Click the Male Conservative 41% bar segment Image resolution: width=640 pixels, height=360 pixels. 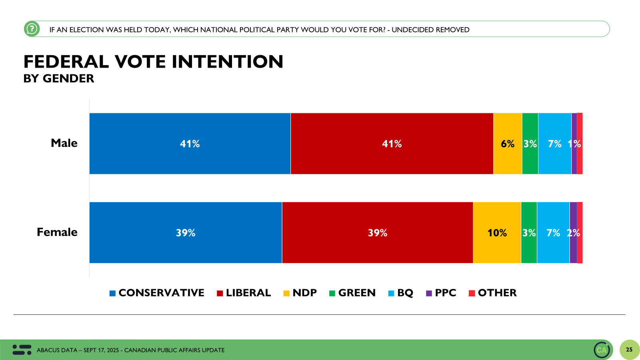pos(190,144)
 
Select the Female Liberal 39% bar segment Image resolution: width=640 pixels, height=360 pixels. pos(378,232)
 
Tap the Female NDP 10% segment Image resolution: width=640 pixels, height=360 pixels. pos(497,232)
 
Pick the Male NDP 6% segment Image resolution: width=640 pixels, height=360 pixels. pos(508,144)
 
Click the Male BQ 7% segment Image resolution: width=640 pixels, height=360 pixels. pos(554,144)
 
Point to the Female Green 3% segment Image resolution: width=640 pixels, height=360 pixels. pos(529,232)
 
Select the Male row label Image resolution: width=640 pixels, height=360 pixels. pos(64,143)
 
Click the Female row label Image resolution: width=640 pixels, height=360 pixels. pos(57,232)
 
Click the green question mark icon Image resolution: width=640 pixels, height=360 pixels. pos(32,29)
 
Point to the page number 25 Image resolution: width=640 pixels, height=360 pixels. pos(629,350)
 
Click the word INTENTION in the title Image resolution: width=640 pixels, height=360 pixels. pos(228,62)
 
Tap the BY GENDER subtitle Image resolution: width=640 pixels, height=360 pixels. pos(59,78)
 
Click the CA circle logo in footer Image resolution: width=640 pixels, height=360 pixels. pos(602,350)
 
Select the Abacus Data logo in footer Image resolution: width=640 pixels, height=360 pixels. pos(22,350)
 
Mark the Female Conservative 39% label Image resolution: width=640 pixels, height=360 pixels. pos(186,233)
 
